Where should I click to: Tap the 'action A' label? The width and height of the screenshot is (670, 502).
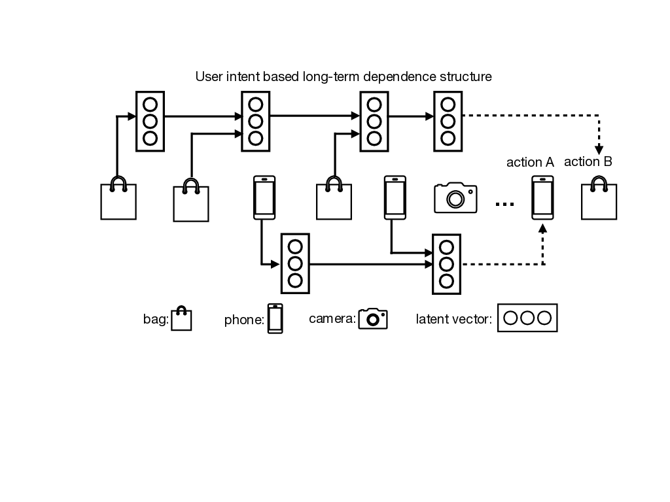[x=530, y=163]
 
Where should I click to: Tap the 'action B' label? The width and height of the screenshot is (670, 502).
[x=588, y=162]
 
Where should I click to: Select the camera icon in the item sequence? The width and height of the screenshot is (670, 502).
[x=455, y=197]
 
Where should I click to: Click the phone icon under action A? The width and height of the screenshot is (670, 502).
[x=542, y=199]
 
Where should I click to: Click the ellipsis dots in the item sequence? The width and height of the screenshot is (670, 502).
[x=504, y=205]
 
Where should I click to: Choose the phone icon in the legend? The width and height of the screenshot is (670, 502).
[x=275, y=319]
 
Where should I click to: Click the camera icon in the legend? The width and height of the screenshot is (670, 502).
[x=373, y=318]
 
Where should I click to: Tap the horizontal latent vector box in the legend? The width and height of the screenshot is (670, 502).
[x=527, y=318]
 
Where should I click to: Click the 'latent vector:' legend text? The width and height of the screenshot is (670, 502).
[x=454, y=320]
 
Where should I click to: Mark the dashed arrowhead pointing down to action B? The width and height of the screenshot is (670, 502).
[x=599, y=150]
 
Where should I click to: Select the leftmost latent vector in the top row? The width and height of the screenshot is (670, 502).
[x=150, y=122]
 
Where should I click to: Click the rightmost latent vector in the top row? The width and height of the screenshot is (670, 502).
[x=448, y=122]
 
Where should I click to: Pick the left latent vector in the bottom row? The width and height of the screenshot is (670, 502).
[x=295, y=264]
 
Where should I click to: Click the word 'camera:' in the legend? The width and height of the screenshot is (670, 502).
[x=332, y=319]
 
